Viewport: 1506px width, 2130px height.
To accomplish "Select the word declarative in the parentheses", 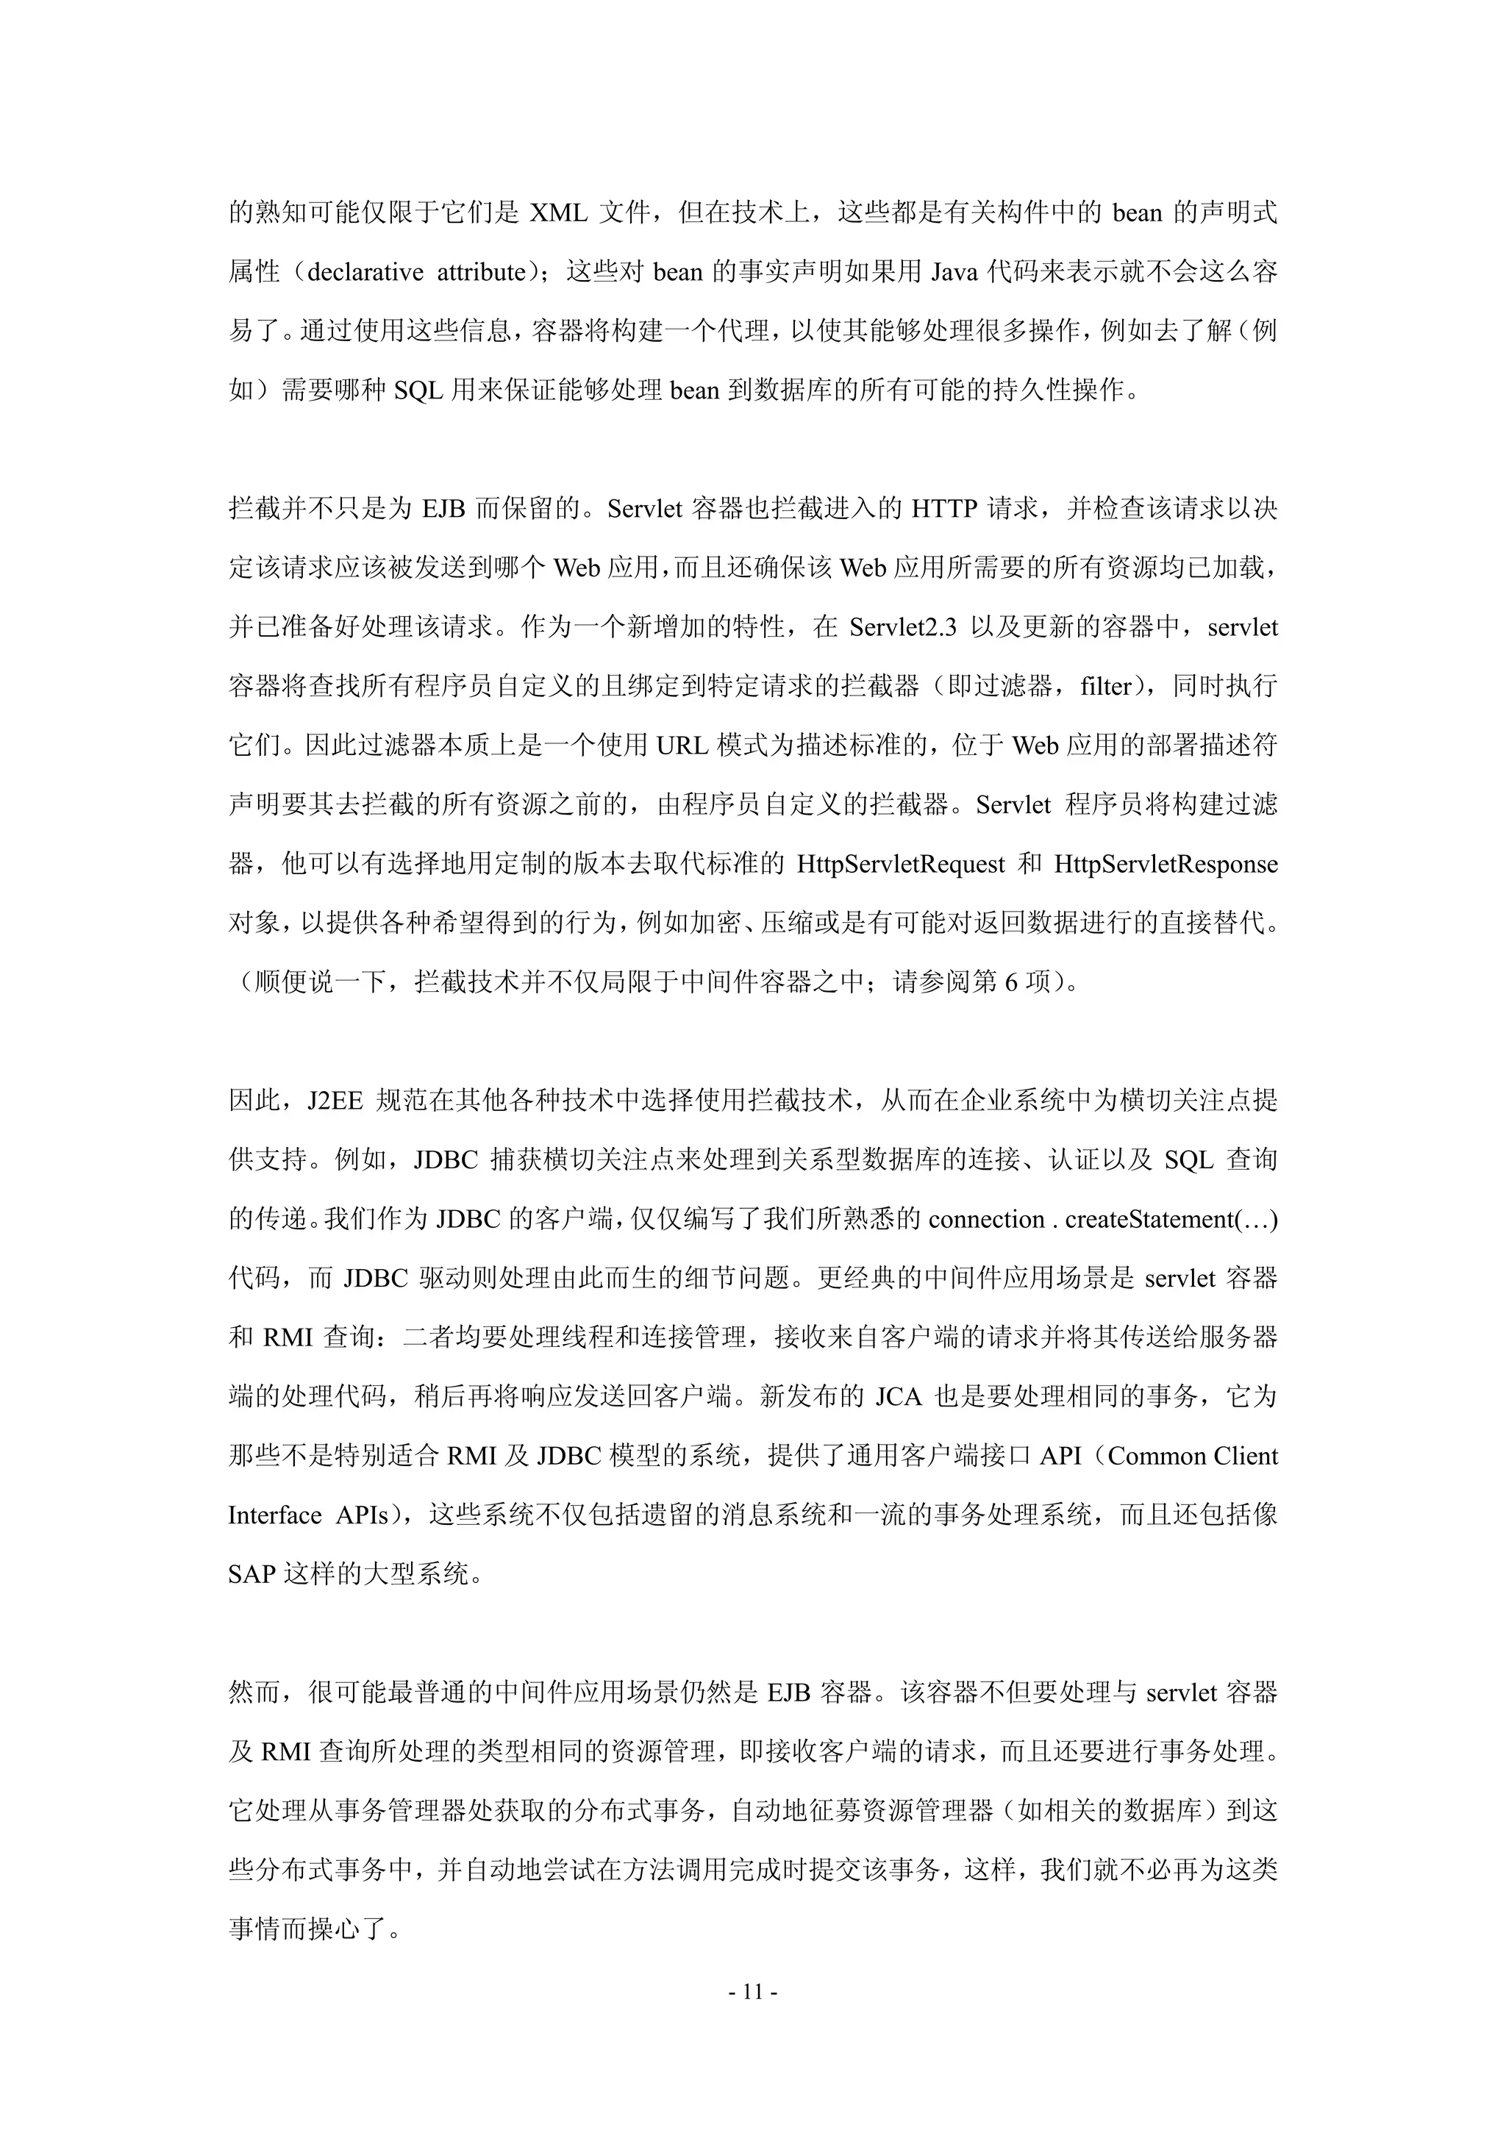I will (x=365, y=273).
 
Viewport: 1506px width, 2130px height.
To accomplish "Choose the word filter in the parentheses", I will (x=1105, y=687).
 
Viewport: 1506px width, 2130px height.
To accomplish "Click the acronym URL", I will (x=682, y=746).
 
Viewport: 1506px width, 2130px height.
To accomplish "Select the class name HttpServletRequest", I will (x=900, y=865).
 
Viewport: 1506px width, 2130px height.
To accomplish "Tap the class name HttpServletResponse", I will (x=1166, y=865).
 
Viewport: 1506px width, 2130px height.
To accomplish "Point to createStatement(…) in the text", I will (x=1171, y=1220).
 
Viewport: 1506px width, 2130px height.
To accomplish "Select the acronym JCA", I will (x=898, y=1397).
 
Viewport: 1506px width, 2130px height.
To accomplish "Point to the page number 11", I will (x=752, y=1992).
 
